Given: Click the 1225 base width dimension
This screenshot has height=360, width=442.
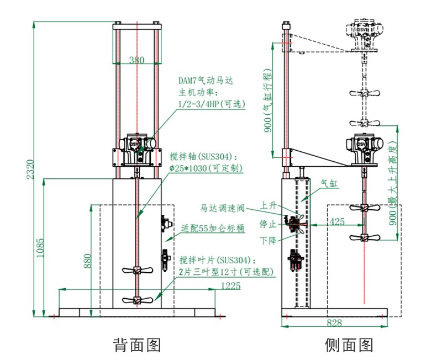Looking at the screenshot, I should point(231,285).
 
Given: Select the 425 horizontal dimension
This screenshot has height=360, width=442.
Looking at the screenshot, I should point(337,222).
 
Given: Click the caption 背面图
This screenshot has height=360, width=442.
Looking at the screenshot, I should point(137,345).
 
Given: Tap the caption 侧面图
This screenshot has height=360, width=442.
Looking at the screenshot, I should point(349,345).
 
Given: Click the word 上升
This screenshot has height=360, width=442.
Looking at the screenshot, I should point(269,205).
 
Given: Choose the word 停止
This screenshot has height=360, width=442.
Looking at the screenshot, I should point(268,224).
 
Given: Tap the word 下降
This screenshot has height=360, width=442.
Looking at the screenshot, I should point(269,241).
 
